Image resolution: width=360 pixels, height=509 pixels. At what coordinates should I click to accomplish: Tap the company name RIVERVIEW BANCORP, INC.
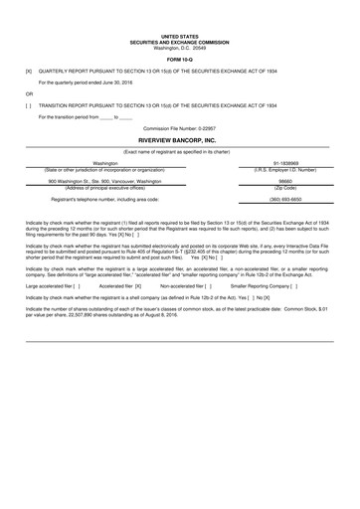click(x=180, y=142)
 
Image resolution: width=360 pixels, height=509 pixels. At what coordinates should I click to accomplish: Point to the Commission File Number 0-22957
click(x=179, y=129)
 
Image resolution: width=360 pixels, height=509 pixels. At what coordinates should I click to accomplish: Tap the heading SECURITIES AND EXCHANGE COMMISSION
click(x=180, y=42)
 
